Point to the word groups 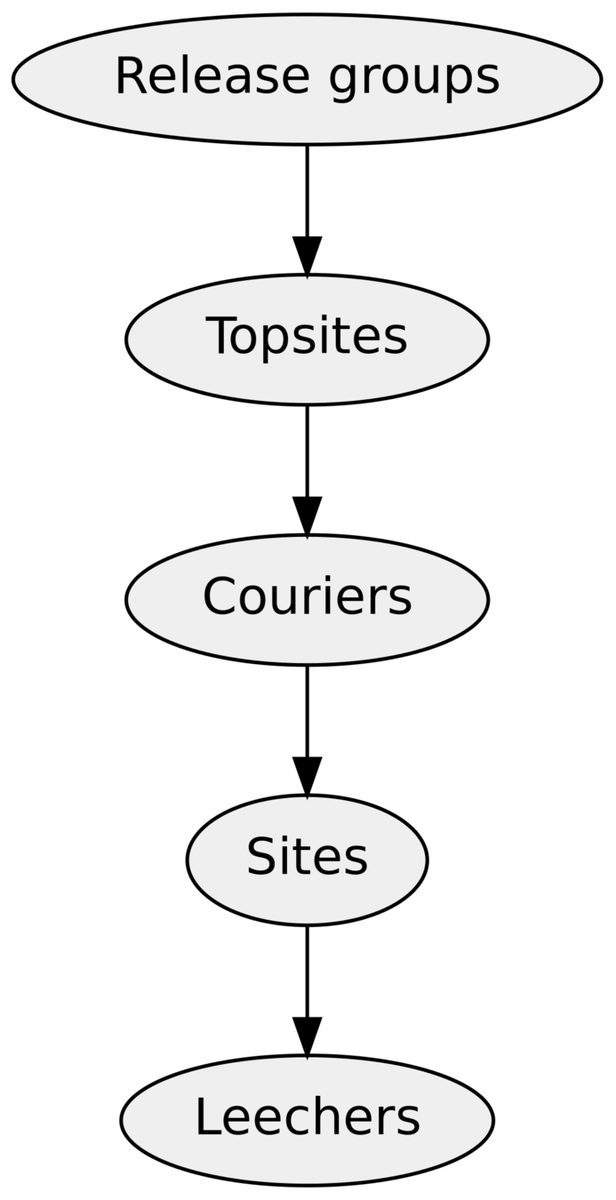coord(414,78)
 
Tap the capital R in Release coord(130,76)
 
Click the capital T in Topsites coord(221,336)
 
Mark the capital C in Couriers coord(220,596)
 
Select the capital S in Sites coord(261,857)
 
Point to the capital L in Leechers coord(207,1117)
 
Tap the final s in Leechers coord(410,1120)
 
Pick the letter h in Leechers coord(324,1117)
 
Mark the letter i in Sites coord(291,857)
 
